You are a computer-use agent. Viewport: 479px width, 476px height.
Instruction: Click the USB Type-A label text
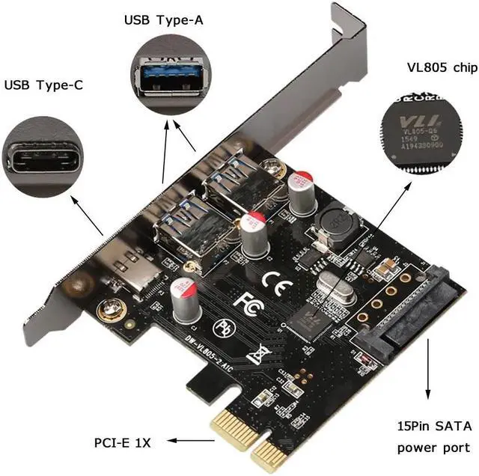162,20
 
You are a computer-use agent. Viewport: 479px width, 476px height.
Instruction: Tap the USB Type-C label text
43,85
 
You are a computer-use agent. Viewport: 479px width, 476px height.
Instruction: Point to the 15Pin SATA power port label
435,437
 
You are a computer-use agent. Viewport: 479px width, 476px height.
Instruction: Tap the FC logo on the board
245,302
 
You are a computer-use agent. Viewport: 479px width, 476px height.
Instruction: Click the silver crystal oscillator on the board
336,287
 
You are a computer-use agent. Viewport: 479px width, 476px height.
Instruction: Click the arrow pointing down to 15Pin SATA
430,382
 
